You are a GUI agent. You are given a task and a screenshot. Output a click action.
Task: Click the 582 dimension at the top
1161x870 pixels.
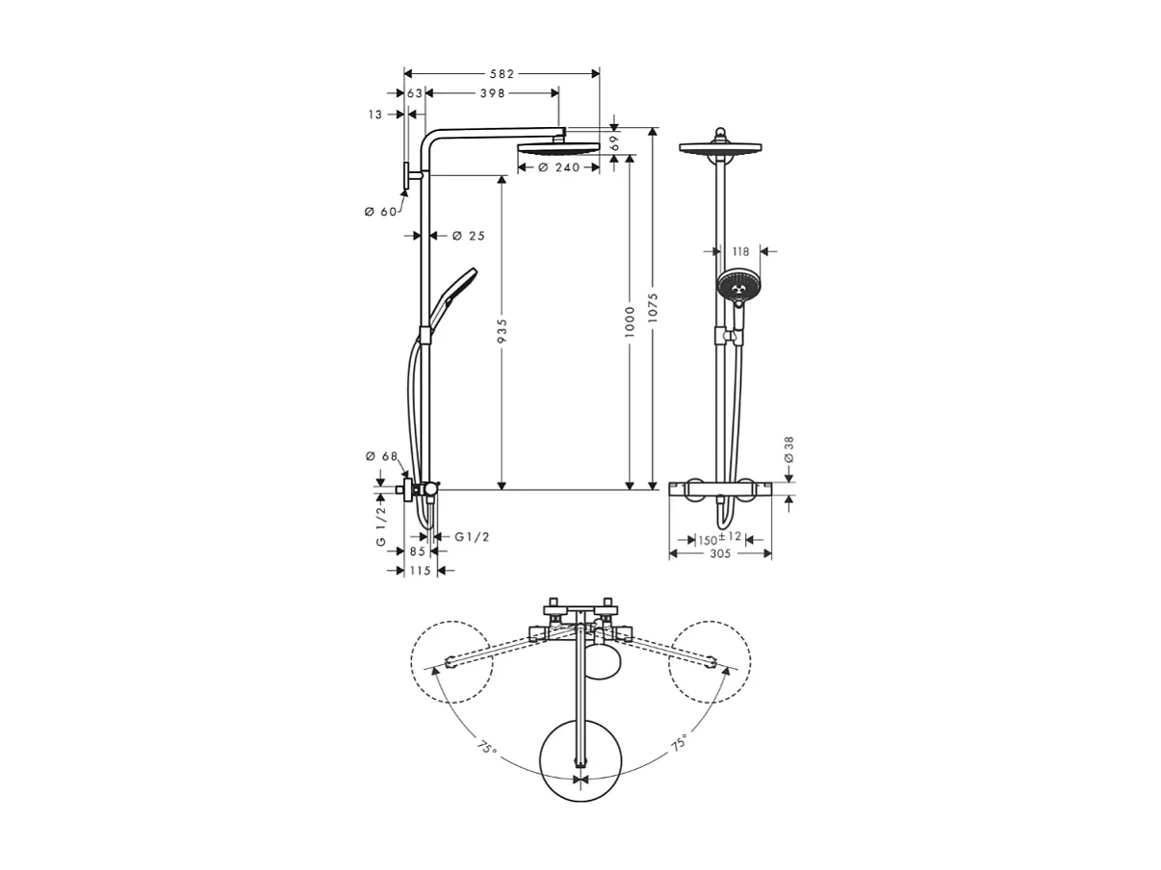[501, 74]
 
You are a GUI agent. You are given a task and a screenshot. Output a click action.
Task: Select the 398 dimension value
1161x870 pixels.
[492, 93]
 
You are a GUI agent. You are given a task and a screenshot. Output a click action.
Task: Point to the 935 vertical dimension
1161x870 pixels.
[502, 333]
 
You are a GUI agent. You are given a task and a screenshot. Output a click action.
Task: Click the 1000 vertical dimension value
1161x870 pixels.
[630, 320]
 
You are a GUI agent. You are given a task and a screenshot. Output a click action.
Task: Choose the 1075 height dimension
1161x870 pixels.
[654, 308]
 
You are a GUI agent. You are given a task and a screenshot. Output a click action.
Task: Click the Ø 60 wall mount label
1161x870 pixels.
[380, 212]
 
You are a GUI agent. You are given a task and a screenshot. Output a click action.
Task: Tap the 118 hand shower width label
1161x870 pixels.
[740, 252]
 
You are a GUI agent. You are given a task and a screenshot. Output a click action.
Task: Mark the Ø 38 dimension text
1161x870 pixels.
[789, 449]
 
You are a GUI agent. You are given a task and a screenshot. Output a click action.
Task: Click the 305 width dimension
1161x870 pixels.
[720, 553]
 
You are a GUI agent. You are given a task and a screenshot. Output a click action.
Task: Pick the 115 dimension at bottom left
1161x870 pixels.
[419, 571]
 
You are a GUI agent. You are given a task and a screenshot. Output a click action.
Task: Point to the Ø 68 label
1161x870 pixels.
[381, 456]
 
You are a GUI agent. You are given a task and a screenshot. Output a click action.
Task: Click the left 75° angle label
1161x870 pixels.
[487, 746]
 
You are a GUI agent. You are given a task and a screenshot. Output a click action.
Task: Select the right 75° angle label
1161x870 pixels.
[678, 743]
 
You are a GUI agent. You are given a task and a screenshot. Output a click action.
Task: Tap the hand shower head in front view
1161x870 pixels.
[736, 285]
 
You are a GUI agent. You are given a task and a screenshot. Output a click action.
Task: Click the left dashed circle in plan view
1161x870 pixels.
[451, 662]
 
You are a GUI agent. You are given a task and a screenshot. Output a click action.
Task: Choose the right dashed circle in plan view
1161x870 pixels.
[709, 662]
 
